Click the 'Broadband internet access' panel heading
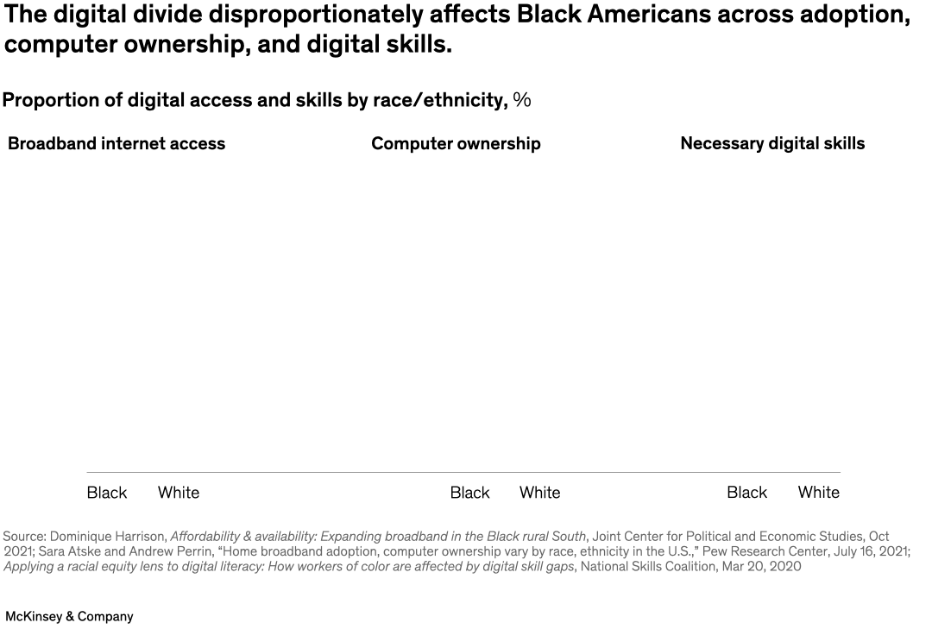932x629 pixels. pos(116,144)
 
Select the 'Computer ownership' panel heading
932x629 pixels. pos(456,144)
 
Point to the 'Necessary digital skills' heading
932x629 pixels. pos(772,144)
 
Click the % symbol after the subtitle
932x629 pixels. pos(522,100)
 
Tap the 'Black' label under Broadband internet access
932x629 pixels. pos(107,493)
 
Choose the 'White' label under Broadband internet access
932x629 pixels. pos(179,493)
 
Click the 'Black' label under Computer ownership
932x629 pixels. pos(470,493)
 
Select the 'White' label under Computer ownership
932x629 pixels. pos(540,493)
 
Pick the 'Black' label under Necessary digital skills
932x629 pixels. pos(747,493)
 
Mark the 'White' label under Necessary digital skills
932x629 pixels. pos(819,493)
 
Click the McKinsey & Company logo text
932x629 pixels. pos(69,617)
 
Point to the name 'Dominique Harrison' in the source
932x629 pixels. pos(108,537)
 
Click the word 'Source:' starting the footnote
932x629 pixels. pos(24,537)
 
